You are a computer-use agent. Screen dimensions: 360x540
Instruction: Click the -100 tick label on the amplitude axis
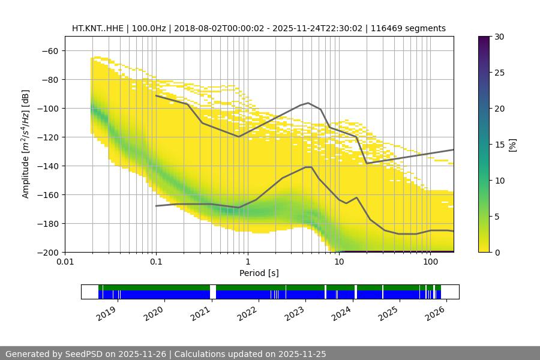(x=49, y=108)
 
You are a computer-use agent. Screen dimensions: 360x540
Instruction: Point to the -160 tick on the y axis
(x=49, y=194)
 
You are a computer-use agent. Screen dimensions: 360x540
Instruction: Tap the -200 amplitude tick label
(x=49, y=252)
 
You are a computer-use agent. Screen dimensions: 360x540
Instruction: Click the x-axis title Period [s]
(x=259, y=273)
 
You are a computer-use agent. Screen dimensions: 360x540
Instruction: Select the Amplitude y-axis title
(x=26, y=144)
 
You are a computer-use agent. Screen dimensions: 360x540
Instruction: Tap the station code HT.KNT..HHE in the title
(x=97, y=28)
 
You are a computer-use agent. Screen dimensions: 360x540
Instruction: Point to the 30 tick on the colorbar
(x=499, y=37)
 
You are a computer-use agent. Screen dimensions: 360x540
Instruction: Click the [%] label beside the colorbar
(x=512, y=145)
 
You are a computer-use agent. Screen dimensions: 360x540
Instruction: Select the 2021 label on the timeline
(x=201, y=312)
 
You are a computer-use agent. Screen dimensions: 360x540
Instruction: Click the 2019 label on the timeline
(x=107, y=312)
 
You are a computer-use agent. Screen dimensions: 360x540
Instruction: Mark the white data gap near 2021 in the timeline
(x=212, y=292)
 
